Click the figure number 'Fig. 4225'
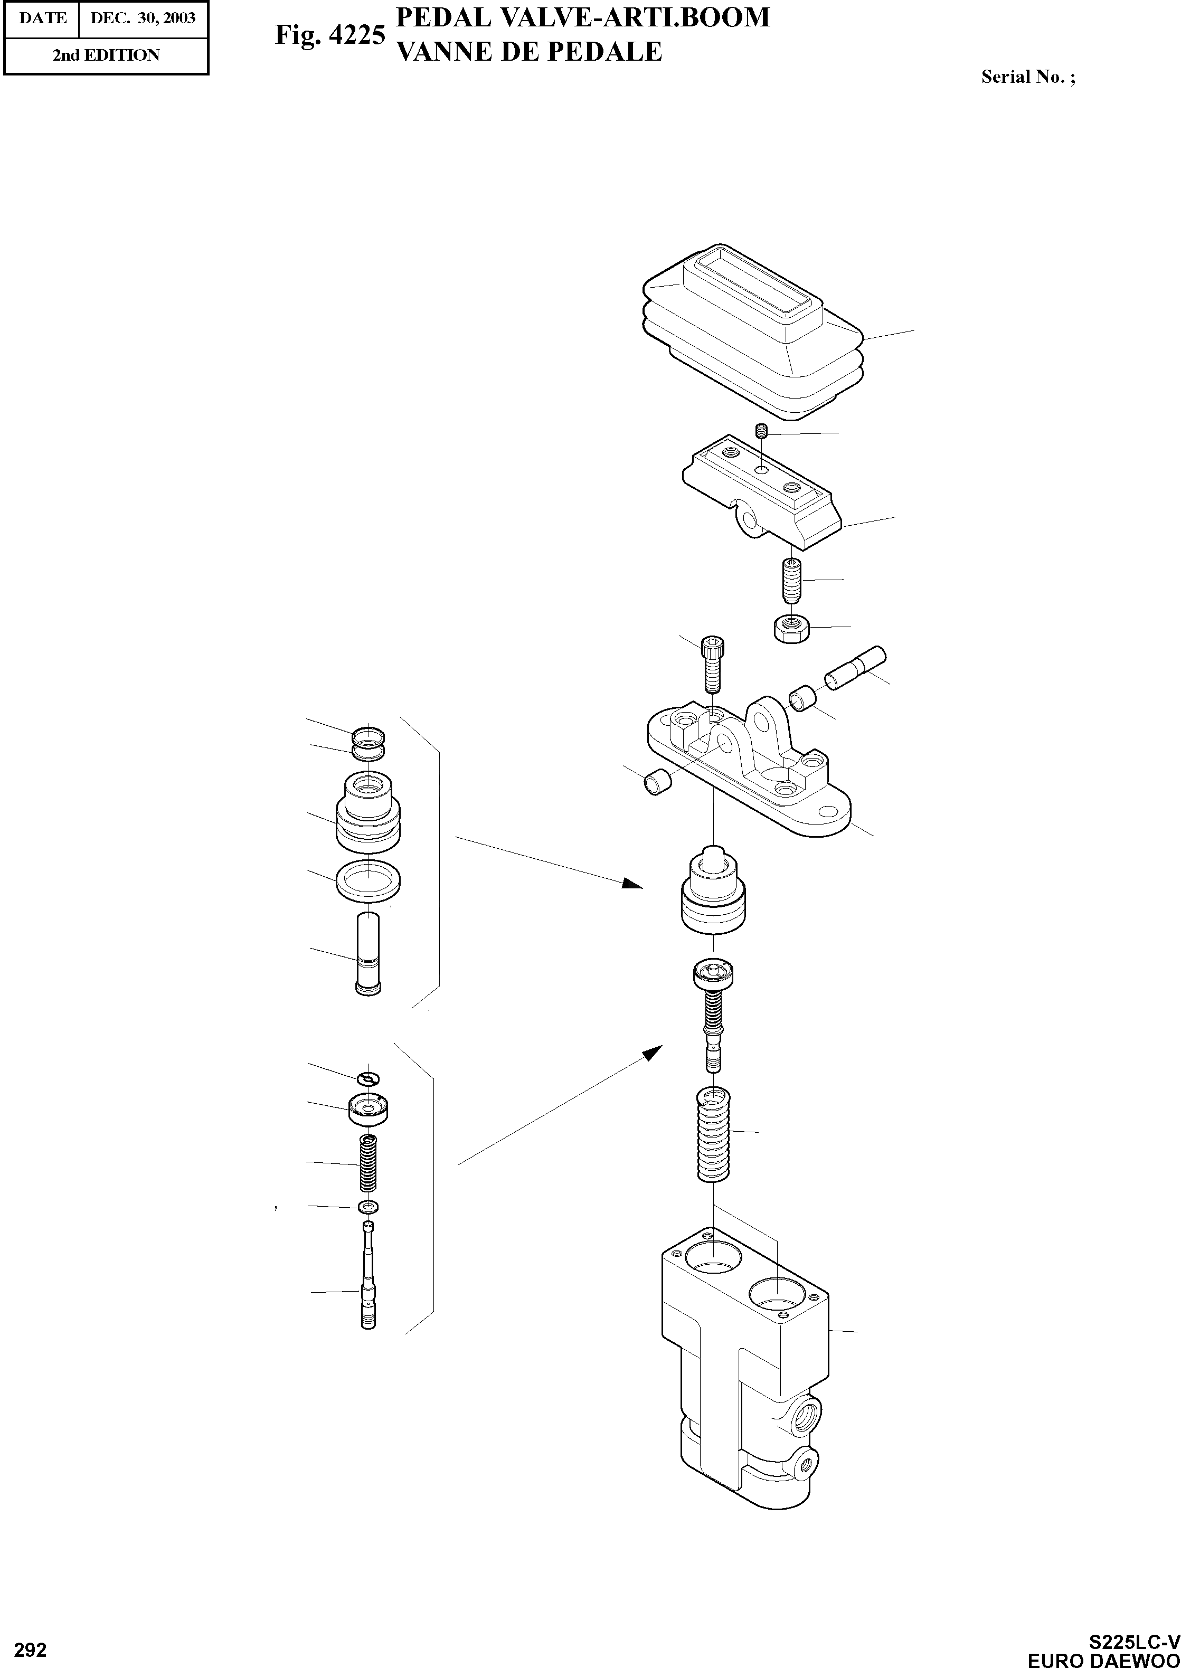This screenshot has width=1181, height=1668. tap(329, 34)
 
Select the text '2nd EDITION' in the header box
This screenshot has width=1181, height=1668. tap(106, 55)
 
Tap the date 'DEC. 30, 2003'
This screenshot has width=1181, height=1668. tap(143, 18)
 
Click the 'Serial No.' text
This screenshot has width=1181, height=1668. tap(1027, 77)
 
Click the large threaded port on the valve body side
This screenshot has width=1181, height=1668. tap(808, 1414)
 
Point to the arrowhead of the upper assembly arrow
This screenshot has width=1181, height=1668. tap(634, 884)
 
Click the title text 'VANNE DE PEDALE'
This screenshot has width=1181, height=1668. tap(528, 52)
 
